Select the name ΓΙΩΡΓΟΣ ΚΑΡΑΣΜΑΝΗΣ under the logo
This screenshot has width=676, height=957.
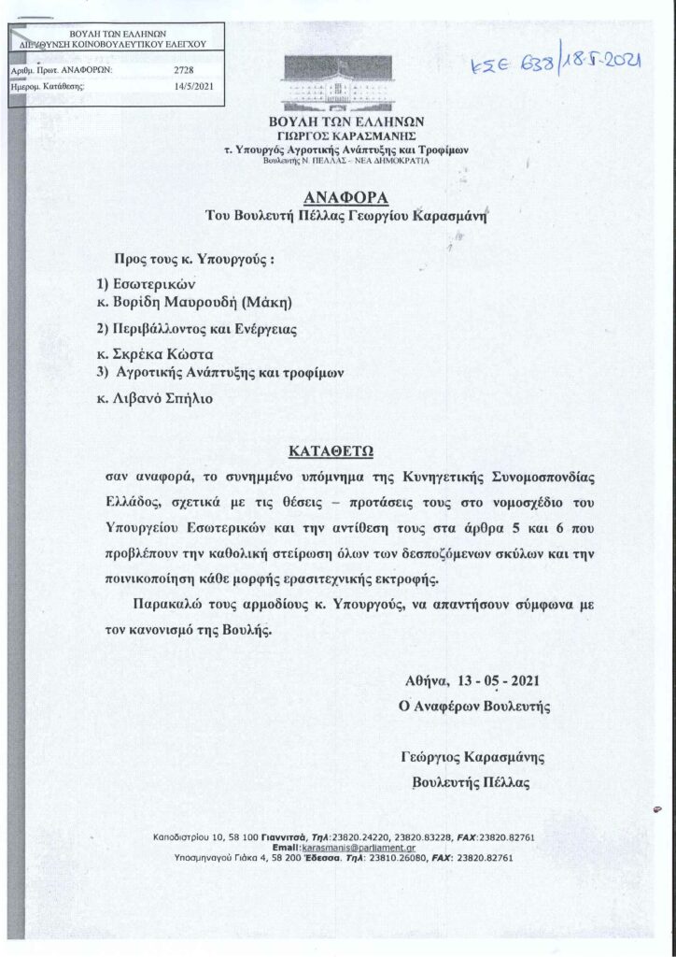tap(340, 135)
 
